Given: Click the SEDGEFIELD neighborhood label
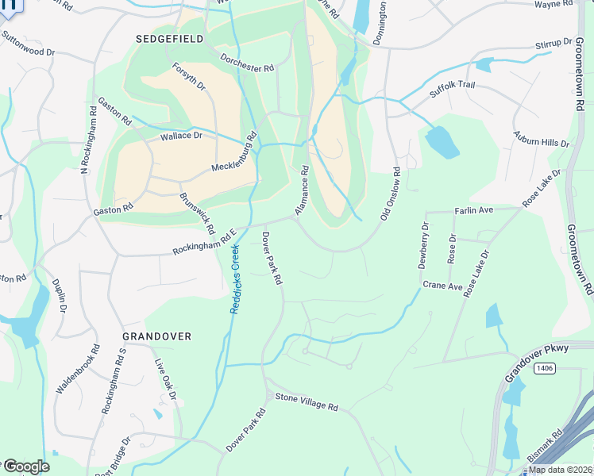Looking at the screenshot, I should [169, 38].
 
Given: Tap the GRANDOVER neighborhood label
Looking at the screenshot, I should [156, 336].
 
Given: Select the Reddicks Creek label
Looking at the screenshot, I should [236, 278].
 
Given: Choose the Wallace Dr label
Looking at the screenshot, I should [182, 136].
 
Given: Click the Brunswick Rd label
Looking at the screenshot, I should [197, 213].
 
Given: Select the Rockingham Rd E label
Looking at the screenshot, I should [206, 243].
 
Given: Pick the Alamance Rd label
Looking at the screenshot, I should [301, 190].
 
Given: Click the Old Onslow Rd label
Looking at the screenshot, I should [389, 194].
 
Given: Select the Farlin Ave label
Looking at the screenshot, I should [474, 210].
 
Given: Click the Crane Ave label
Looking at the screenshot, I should [442, 286].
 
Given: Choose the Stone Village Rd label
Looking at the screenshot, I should [307, 402].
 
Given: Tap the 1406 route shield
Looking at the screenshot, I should [544, 367].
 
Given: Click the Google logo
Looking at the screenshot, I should [25, 466].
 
